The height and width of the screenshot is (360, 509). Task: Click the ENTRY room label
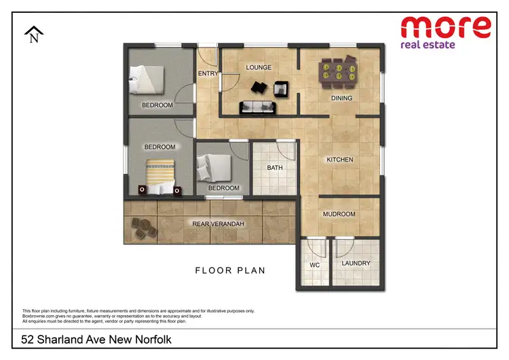(208, 73)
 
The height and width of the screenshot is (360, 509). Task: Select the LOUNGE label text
(259, 67)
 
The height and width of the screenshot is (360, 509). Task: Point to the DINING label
(341, 98)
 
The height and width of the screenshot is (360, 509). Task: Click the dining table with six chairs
(337, 71)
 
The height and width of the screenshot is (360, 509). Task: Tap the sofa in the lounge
(258, 107)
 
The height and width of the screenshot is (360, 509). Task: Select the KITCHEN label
(340, 160)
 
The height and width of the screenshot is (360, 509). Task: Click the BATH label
(274, 168)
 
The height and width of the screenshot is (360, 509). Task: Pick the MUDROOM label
(339, 214)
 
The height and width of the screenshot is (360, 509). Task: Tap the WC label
(314, 264)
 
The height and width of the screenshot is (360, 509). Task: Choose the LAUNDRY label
(356, 263)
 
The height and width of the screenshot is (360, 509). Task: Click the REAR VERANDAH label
(219, 223)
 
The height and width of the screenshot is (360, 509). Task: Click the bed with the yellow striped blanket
(162, 174)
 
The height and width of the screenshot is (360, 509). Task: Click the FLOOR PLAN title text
(230, 270)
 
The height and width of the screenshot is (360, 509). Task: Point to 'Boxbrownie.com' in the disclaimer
(39, 316)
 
